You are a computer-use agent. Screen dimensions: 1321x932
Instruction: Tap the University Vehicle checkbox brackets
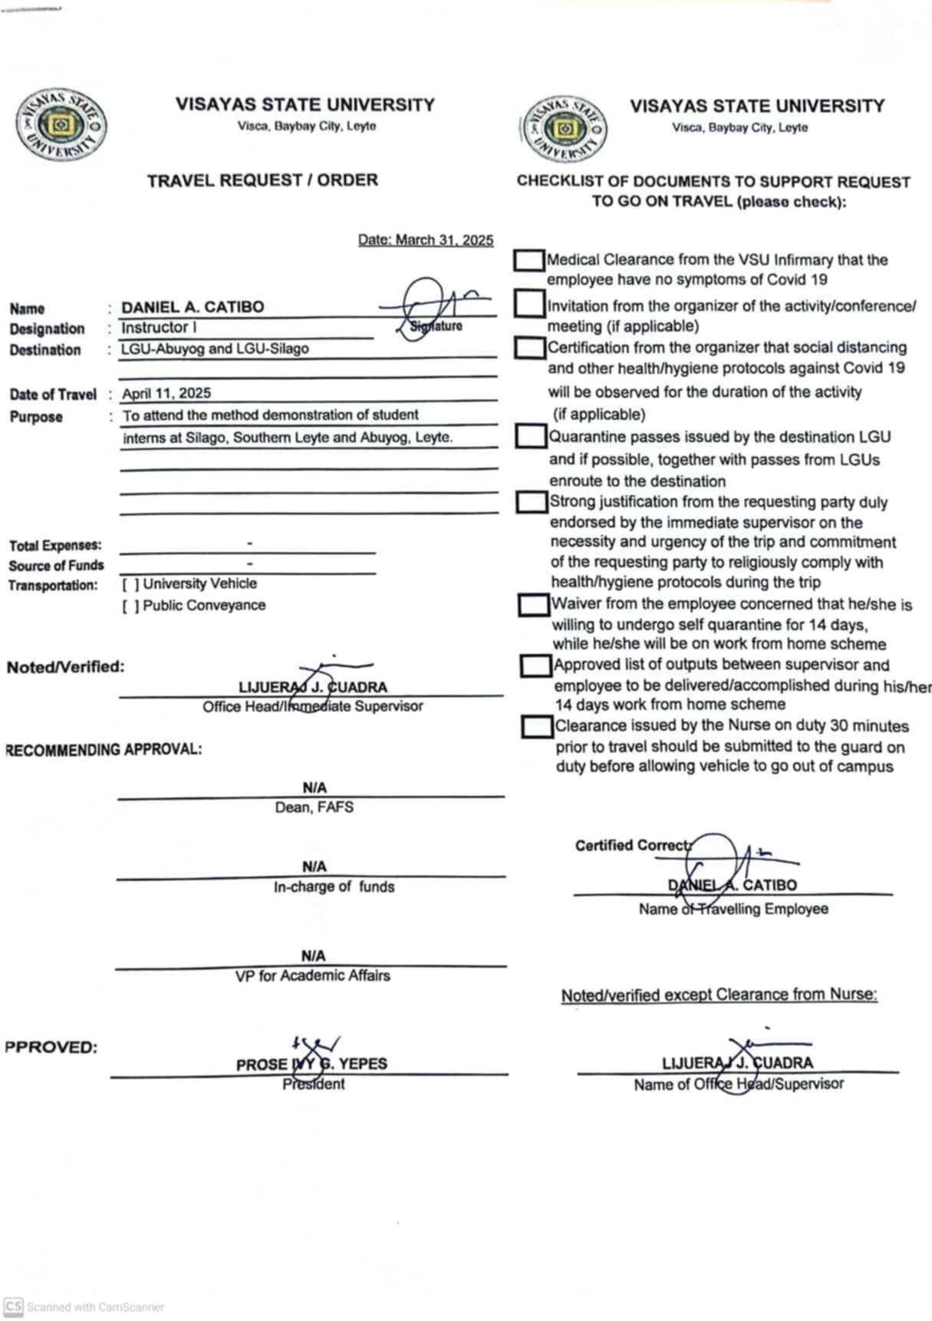(x=130, y=584)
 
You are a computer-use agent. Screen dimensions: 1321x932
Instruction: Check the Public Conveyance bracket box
(x=130, y=606)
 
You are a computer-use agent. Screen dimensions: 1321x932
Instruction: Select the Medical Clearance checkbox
(x=529, y=260)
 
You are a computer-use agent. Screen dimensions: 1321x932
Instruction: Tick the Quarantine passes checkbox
(x=532, y=436)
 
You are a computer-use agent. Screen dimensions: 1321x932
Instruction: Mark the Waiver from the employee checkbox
(x=534, y=605)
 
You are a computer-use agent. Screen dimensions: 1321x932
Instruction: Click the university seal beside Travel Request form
(x=61, y=125)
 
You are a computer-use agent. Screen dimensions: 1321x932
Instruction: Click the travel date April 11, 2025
(x=166, y=393)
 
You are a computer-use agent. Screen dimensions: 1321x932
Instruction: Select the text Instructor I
(x=159, y=328)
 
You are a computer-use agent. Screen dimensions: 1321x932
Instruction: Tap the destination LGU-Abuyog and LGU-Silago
(x=215, y=348)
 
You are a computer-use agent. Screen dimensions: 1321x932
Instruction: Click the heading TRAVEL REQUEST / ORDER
(x=262, y=180)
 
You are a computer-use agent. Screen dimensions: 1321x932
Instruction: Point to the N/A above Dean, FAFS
(x=315, y=788)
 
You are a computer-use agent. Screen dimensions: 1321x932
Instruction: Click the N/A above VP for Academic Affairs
(x=313, y=956)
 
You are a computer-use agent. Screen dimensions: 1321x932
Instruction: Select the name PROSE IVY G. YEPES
(x=311, y=1064)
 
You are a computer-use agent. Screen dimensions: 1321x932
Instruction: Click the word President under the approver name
(x=314, y=1084)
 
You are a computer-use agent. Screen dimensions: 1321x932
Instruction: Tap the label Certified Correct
(x=634, y=845)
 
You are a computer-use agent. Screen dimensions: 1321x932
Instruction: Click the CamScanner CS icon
(x=13, y=1306)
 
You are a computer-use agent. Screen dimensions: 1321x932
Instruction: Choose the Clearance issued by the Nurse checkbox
(x=537, y=726)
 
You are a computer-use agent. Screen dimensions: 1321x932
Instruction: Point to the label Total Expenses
(x=55, y=546)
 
